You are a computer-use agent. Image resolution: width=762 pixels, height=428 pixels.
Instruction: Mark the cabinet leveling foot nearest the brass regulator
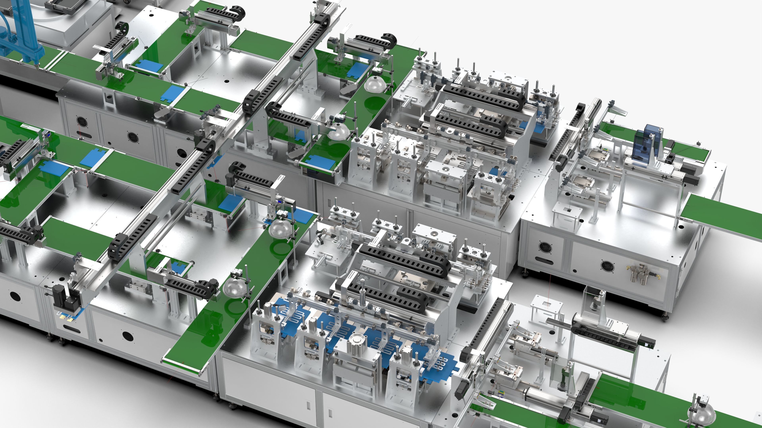665,317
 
